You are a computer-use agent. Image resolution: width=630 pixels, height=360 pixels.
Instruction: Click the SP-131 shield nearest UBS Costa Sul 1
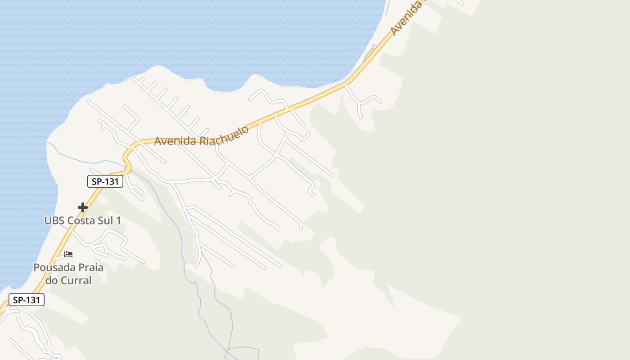point(105,181)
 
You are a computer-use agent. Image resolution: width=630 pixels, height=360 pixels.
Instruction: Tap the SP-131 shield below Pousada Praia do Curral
point(27,300)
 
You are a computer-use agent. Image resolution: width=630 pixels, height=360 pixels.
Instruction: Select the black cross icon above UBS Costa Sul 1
point(83,207)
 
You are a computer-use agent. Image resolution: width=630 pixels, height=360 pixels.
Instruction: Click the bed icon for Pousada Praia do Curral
point(68,254)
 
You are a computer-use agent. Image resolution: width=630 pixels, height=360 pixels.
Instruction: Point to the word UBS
point(54,221)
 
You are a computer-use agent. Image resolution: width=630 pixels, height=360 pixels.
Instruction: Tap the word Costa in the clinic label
point(81,221)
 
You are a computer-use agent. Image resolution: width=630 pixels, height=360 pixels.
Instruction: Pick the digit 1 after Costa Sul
point(119,221)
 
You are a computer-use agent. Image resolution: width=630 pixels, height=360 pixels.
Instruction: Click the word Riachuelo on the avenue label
point(224,135)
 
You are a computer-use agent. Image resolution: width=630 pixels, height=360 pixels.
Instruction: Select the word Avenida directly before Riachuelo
point(175,140)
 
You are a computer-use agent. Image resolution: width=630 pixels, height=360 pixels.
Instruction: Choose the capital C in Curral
point(63,280)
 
